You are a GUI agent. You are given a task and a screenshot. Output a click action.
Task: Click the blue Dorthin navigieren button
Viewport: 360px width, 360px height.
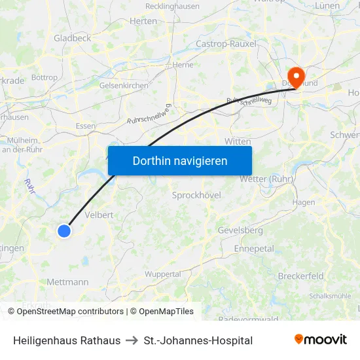pos(180,160)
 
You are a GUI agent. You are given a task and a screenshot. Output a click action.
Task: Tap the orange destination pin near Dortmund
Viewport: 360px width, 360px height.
pos(296,77)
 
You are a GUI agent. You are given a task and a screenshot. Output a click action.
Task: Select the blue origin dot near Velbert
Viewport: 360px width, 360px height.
pos(63,230)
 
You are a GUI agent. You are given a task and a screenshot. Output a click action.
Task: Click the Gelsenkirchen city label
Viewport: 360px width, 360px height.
pos(124,85)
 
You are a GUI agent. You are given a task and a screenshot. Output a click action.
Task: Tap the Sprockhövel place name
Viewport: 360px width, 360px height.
pos(196,195)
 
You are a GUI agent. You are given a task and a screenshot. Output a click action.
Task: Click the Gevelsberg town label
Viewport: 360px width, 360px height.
pos(240,230)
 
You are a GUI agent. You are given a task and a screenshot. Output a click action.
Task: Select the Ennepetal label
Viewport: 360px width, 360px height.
pos(254,249)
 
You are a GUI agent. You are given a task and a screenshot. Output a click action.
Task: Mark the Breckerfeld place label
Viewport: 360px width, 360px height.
pos(300,276)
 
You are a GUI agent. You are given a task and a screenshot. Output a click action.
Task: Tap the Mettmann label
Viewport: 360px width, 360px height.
pos(67,282)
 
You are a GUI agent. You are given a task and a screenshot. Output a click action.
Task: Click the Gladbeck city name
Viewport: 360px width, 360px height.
pos(73,38)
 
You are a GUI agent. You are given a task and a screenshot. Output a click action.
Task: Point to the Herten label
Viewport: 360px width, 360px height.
pos(144,21)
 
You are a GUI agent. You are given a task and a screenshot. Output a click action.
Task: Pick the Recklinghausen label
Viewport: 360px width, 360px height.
pos(172,7)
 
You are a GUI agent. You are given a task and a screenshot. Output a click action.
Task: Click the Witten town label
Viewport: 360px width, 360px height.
pos(238,141)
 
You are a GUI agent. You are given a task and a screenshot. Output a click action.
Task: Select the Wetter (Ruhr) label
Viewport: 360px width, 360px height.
pos(266,179)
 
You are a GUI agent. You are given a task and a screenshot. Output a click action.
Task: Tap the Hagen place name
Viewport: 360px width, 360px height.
pos(304,203)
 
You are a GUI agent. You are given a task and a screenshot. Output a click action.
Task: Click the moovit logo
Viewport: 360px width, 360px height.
pos(320,340)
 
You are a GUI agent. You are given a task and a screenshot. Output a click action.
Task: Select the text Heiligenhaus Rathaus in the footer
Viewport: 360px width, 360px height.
pos(67,340)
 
